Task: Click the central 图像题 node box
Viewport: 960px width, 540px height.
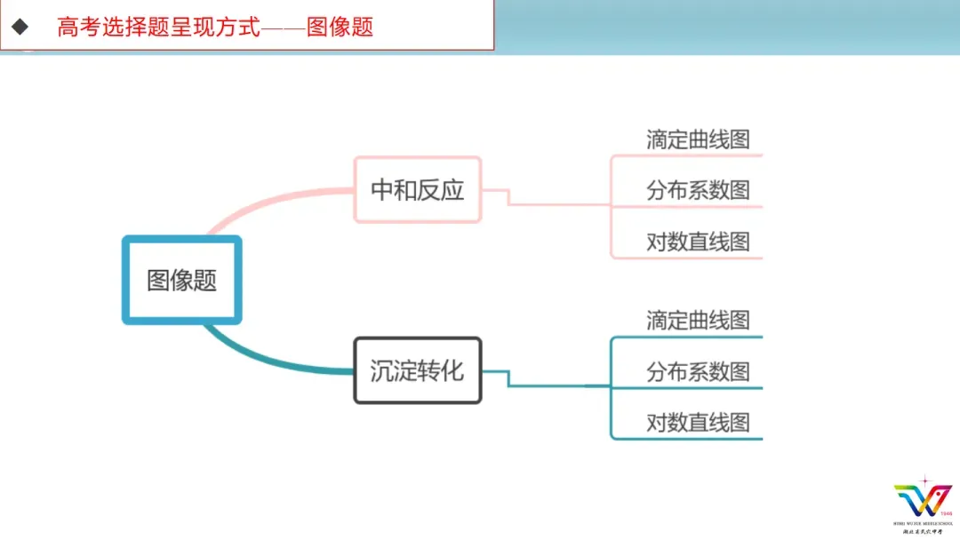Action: click(x=181, y=280)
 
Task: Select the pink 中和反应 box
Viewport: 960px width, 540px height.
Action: click(x=417, y=189)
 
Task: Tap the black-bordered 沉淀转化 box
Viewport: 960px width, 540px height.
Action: click(x=417, y=370)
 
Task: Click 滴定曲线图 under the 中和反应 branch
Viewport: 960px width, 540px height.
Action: click(x=698, y=139)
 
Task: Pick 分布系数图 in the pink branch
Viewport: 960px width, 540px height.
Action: click(x=698, y=190)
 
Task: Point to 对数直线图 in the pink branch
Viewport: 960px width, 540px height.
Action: click(x=698, y=242)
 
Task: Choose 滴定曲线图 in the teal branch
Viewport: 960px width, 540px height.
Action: click(x=698, y=320)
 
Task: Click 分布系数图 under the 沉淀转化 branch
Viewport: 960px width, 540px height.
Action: click(x=698, y=371)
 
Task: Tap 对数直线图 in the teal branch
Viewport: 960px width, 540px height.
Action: click(x=698, y=423)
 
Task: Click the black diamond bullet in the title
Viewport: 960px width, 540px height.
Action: click(x=20, y=27)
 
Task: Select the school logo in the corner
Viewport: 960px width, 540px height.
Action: click(x=923, y=502)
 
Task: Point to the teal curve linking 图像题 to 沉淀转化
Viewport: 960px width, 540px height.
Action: click(x=267, y=360)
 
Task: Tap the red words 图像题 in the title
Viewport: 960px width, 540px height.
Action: click(x=340, y=27)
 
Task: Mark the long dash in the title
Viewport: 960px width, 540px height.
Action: click(x=284, y=27)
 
